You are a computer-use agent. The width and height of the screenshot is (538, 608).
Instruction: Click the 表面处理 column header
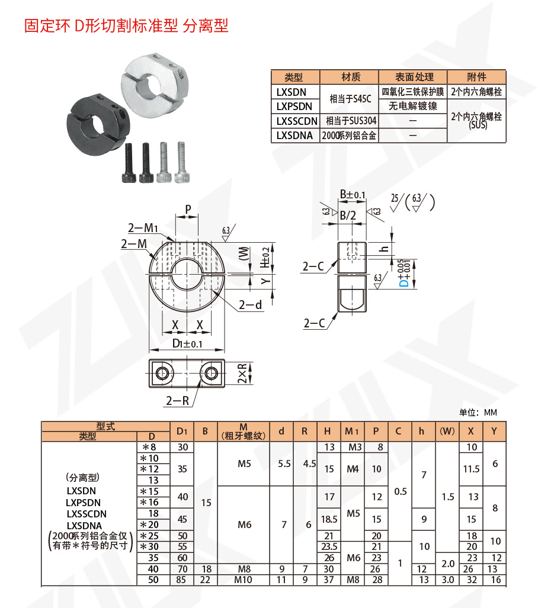414,77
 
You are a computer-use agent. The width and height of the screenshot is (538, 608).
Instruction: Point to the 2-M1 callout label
143,228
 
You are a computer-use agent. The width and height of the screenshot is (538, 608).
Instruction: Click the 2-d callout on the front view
250,305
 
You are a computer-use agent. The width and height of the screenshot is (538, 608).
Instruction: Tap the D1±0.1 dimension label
187,344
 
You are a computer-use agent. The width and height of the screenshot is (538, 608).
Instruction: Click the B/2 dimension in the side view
347,216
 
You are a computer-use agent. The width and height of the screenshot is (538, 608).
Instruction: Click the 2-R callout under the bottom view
177,401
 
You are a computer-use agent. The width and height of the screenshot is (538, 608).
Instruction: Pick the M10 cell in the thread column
243,580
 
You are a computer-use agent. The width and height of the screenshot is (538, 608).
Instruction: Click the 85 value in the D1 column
182,580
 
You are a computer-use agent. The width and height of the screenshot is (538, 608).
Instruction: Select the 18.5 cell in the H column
329,519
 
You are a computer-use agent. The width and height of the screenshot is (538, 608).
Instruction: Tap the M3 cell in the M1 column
353,448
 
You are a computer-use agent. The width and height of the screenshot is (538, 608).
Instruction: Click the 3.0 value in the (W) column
447,580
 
